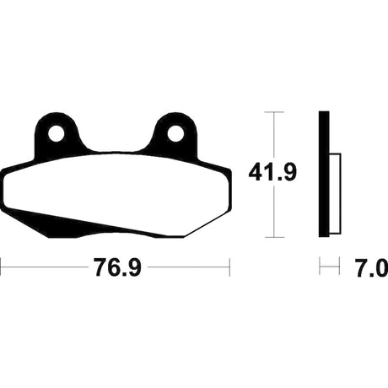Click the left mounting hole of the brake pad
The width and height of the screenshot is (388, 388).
[x=57, y=133]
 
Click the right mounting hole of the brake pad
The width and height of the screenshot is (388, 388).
[x=175, y=133]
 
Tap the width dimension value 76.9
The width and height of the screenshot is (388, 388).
[x=117, y=267]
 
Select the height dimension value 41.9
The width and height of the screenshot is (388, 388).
[x=272, y=172]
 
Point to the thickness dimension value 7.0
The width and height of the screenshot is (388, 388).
[x=371, y=268]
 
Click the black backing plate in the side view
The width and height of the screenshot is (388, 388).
[x=324, y=175]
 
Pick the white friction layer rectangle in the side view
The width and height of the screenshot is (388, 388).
[x=335, y=193]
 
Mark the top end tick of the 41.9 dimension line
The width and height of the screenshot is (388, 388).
[x=274, y=112]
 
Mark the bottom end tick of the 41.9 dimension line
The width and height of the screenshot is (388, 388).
[x=274, y=237]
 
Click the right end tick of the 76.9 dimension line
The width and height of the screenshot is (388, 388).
[x=229, y=267]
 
